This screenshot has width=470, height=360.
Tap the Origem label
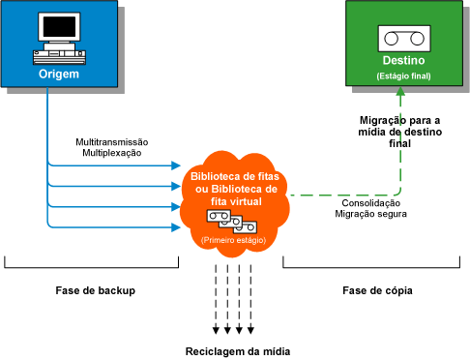tap(59, 74)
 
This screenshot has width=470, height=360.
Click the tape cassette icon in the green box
tap(405, 38)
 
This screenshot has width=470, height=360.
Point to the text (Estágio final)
tap(405, 75)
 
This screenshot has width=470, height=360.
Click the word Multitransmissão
tap(108, 142)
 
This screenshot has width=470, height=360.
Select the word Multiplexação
tap(108, 153)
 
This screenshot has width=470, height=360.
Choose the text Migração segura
tap(371, 214)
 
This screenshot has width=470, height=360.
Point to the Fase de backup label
tap(93, 290)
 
